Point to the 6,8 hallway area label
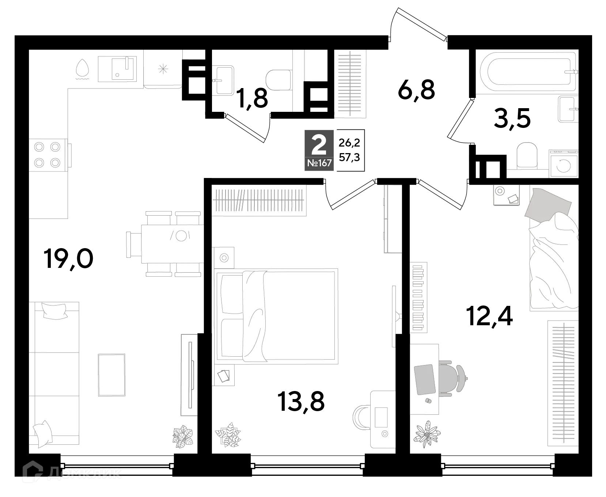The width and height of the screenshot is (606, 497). click(417, 90)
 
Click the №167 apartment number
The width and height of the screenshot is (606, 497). click(319, 163)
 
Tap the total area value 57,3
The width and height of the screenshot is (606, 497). click(349, 158)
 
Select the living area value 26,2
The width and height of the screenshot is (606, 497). click(349, 142)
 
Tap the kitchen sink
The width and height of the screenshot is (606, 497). click(117, 69)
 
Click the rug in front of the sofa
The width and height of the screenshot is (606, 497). click(111, 375)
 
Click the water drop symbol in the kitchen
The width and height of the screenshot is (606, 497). click(82, 69)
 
